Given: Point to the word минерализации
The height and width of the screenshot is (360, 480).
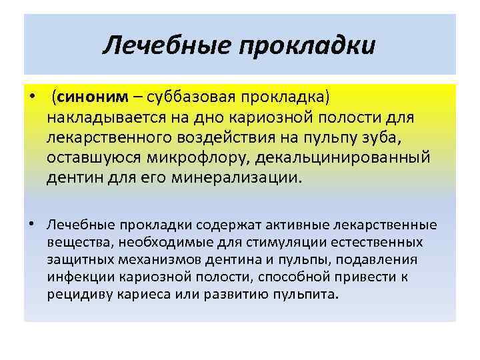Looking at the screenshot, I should point(239,179).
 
